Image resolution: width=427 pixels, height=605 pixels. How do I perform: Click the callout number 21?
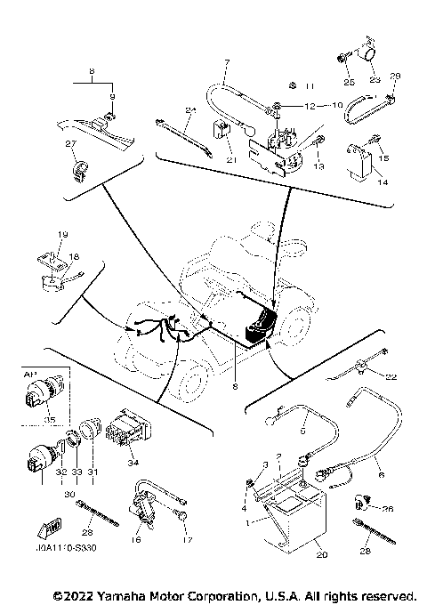(x=231, y=160)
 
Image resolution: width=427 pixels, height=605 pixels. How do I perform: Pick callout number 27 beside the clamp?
(x=70, y=143)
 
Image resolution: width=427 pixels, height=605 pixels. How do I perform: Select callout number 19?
(x=62, y=234)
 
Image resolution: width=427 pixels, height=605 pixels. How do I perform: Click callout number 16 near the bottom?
(x=137, y=539)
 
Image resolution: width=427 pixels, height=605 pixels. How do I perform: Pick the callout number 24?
(x=189, y=110)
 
